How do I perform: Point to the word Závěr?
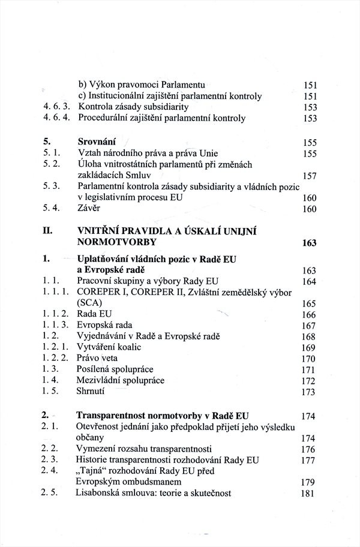click(91, 209)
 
